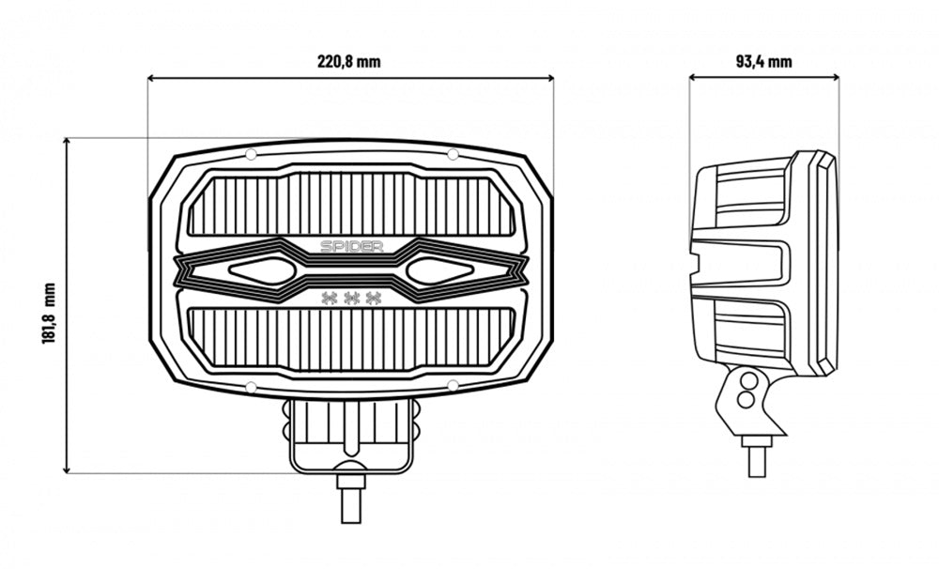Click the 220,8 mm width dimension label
[348, 62]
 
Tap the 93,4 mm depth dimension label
[763, 62]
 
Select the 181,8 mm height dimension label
[49, 314]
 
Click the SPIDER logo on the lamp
[351, 246]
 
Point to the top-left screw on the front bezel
[252, 155]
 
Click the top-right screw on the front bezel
[453, 155]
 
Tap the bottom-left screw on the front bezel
[252, 387]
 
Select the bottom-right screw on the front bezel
[454, 385]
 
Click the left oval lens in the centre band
[262, 271]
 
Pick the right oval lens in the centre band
[439, 271]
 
